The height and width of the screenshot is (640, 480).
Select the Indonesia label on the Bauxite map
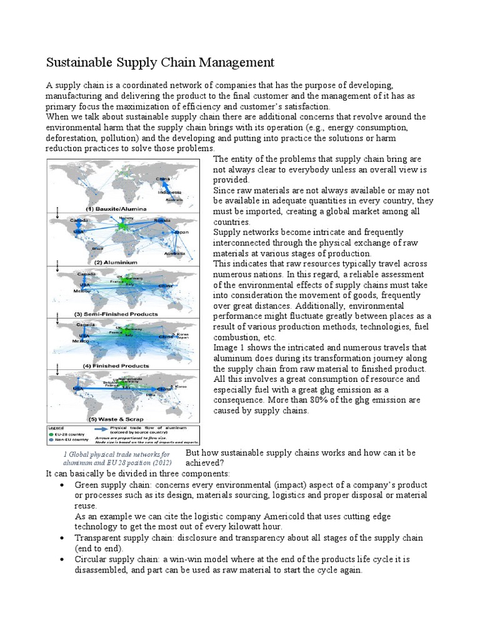pyautogui.click(x=169, y=192)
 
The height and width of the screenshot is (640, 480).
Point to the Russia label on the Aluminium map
pyautogui.click(x=162, y=221)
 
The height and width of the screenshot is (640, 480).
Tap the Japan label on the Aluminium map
pyautogui.click(x=182, y=232)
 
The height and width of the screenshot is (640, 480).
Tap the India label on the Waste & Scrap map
pyautogui.click(x=151, y=395)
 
